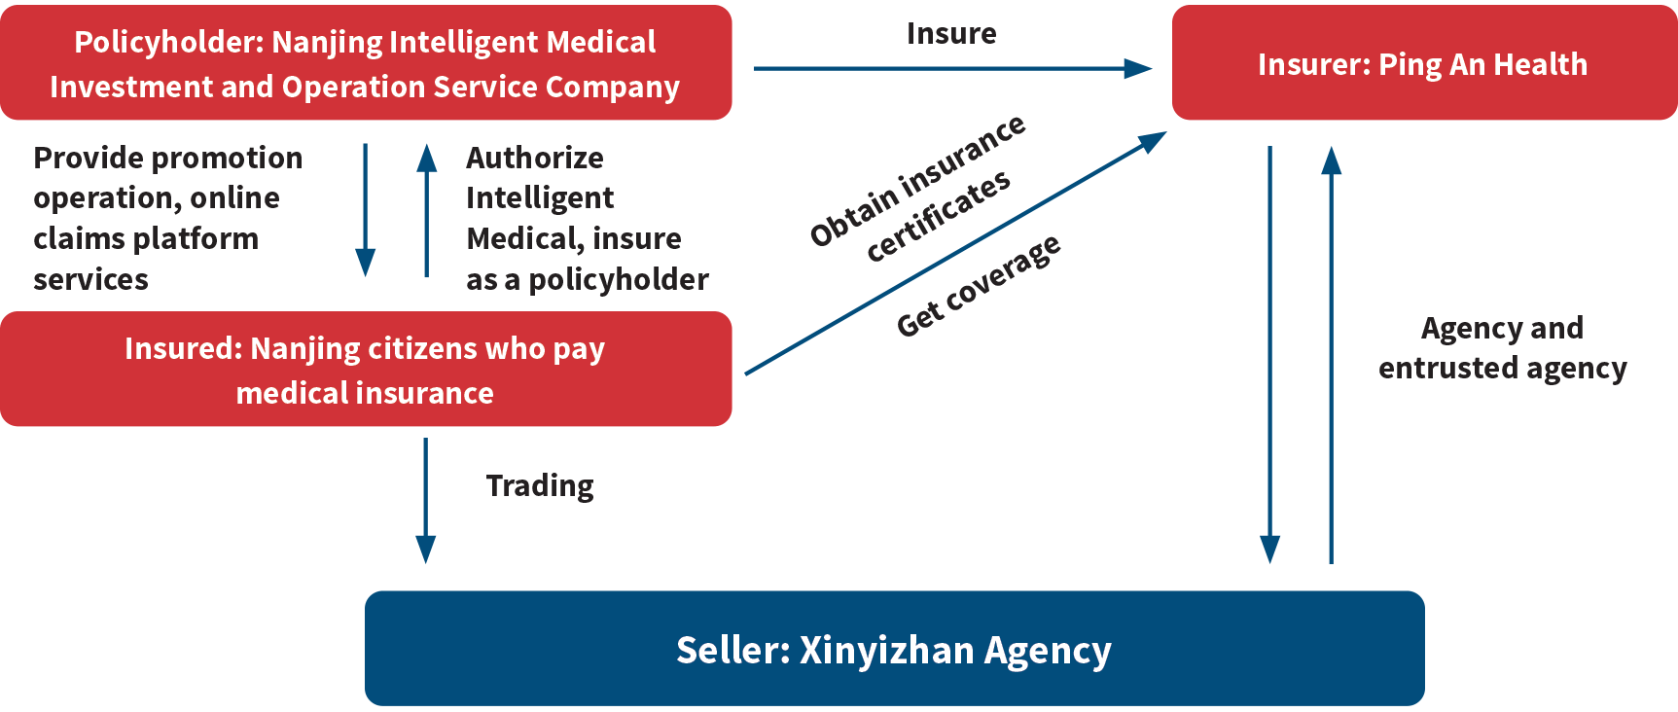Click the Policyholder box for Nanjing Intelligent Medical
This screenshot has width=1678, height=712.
[x=366, y=62]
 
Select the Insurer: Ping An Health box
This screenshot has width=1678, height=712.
[x=1424, y=62]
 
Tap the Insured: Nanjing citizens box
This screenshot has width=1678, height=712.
[x=366, y=369]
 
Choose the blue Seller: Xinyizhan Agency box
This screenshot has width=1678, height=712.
[x=894, y=648]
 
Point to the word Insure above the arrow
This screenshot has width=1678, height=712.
[x=951, y=33]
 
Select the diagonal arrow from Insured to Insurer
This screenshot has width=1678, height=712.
[x=955, y=253]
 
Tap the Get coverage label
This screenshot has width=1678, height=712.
[x=979, y=285]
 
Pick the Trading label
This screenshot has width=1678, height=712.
[x=540, y=485]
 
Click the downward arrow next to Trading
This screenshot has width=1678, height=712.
[x=425, y=501]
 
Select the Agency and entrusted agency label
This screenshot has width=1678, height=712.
[x=1502, y=348]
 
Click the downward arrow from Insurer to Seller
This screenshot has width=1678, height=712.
[x=1269, y=355]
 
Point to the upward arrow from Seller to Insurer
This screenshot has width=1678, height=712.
[x=1331, y=355]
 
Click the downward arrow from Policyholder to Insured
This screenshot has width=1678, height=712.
[x=365, y=210]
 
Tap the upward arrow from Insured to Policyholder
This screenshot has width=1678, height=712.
[x=426, y=210]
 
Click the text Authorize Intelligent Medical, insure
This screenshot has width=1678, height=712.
[x=574, y=197]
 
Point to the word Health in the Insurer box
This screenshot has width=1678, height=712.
[x=1540, y=64]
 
